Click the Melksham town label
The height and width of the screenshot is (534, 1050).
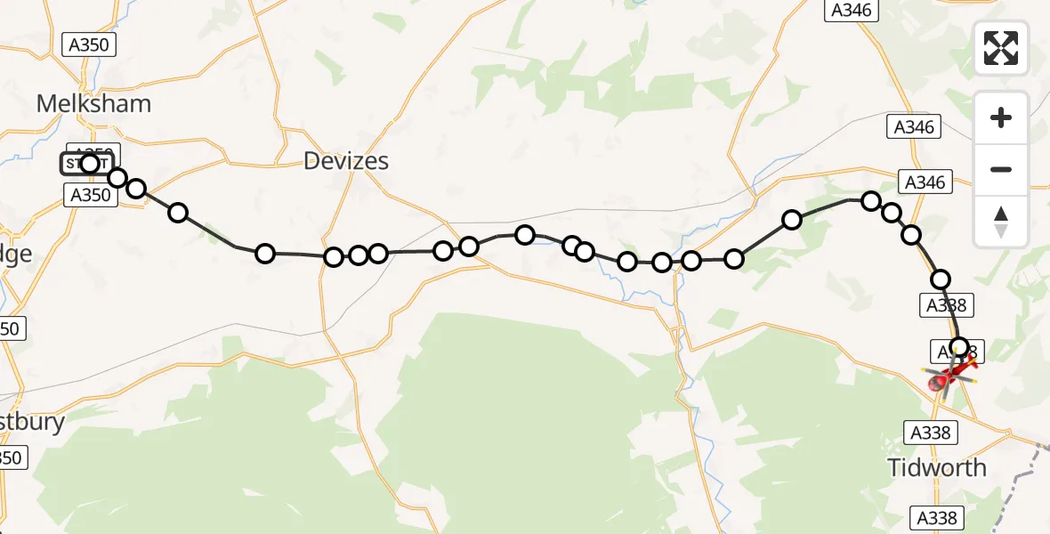[93, 103]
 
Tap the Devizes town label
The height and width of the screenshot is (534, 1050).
[346, 161]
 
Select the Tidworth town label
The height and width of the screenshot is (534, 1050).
[937, 467]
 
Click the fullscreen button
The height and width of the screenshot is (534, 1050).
[1001, 48]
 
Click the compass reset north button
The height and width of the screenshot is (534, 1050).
[1001, 222]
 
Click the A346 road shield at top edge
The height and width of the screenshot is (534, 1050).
[852, 11]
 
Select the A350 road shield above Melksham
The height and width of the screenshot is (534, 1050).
[89, 45]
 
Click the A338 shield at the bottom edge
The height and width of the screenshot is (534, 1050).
[941, 518]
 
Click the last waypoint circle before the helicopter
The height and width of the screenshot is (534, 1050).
[958, 347]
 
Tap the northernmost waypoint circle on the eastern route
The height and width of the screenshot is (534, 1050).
[871, 201]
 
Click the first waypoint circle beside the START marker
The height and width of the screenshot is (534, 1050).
[90, 163]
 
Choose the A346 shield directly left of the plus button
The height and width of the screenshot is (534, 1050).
[915, 127]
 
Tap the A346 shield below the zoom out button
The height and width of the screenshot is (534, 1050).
[924, 182]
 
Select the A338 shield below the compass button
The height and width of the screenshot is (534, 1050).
[946, 305]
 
